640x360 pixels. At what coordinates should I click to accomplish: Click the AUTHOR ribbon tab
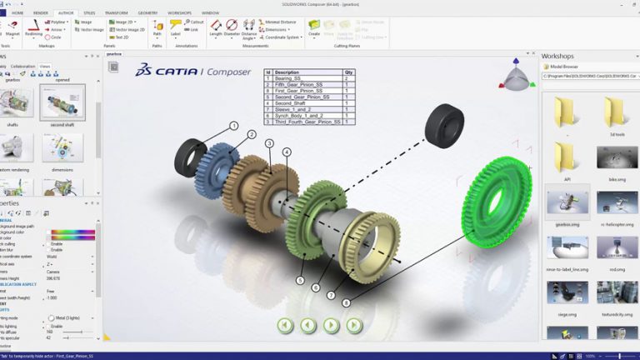point(66,13)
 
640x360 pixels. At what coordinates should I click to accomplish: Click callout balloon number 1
point(234,126)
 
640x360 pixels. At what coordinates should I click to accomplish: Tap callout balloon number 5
point(300,281)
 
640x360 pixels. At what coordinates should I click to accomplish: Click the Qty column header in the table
point(348,72)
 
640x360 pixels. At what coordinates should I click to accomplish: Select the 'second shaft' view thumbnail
point(62,104)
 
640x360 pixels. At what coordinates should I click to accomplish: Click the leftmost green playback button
point(285,324)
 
